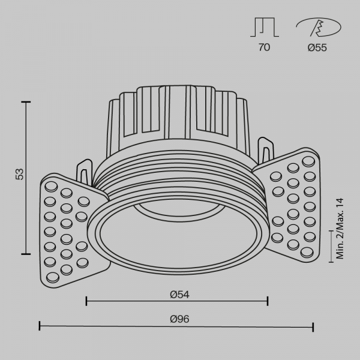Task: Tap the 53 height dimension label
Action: pos(19,175)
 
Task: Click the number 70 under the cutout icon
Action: pos(264,48)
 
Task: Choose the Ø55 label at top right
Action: pos(317,48)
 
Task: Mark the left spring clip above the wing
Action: pos(85,171)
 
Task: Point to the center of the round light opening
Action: pos(178,240)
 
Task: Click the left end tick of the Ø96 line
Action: pos(40,326)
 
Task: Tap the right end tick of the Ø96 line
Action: pos(313,326)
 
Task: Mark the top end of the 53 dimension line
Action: pos(26,102)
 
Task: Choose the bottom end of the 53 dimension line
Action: pos(26,254)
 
